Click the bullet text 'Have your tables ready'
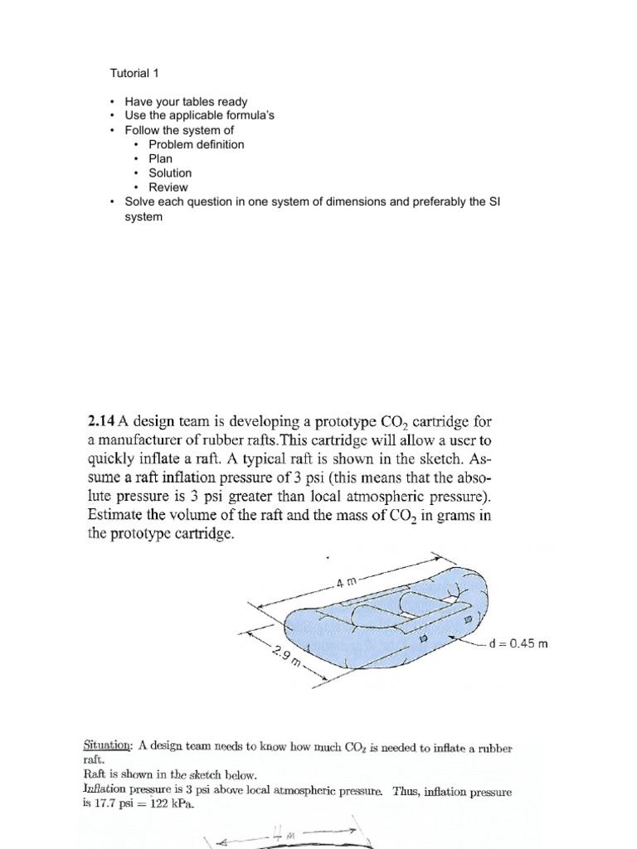(x=186, y=102)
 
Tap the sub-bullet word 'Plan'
(x=161, y=158)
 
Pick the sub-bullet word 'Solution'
(x=170, y=172)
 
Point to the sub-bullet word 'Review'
(x=168, y=187)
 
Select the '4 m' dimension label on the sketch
(x=348, y=581)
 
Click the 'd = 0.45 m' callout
(x=519, y=643)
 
